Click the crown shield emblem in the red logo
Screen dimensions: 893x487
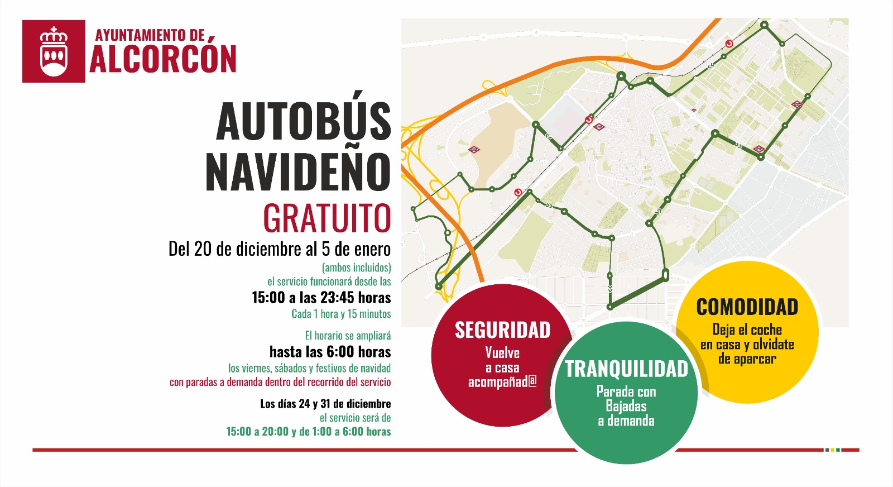(x=54, y=51)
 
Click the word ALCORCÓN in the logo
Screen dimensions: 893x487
(x=163, y=59)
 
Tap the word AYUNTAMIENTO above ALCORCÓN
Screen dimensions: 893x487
(x=141, y=35)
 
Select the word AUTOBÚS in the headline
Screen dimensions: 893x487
(x=304, y=121)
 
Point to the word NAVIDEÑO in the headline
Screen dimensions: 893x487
(x=298, y=171)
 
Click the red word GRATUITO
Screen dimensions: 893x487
(x=327, y=218)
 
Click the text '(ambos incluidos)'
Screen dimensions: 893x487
(x=356, y=268)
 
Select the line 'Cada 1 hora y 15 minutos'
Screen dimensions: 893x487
(x=341, y=314)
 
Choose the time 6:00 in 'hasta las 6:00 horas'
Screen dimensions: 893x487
(x=340, y=352)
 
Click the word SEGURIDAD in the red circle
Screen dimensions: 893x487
(x=502, y=330)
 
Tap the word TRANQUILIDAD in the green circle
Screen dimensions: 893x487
(x=626, y=369)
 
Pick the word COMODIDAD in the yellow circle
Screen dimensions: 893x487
(x=747, y=307)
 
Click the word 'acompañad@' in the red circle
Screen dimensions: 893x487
(x=502, y=383)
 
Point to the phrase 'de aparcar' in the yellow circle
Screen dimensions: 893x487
(x=747, y=359)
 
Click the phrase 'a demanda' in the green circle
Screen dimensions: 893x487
(x=626, y=421)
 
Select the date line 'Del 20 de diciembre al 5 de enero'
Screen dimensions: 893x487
(x=280, y=249)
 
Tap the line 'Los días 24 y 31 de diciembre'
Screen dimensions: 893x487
(x=325, y=404)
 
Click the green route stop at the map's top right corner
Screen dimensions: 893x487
(x=765, y=25)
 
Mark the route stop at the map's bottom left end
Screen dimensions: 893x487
(x=439, y=287)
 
